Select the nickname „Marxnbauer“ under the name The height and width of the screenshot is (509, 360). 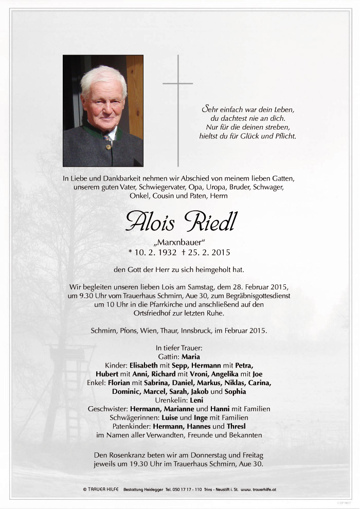pyautogui.click(x=180, y=243)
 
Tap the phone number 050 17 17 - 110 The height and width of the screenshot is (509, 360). pyautogui.click(x=177, y=490)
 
